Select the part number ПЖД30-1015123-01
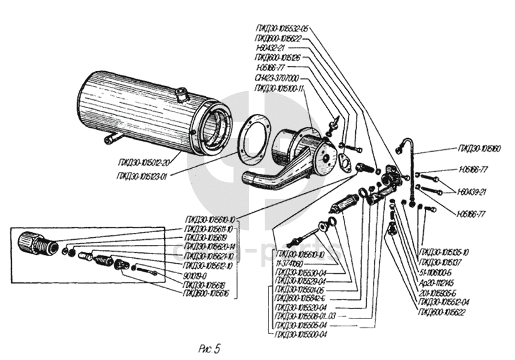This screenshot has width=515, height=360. click(141, 176)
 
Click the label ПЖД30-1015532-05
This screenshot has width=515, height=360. click(282, 28)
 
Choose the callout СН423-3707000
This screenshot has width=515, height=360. click(277, 77)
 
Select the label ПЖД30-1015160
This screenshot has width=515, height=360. click(480, 149)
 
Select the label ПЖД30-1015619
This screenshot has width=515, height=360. click(201, 238)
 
